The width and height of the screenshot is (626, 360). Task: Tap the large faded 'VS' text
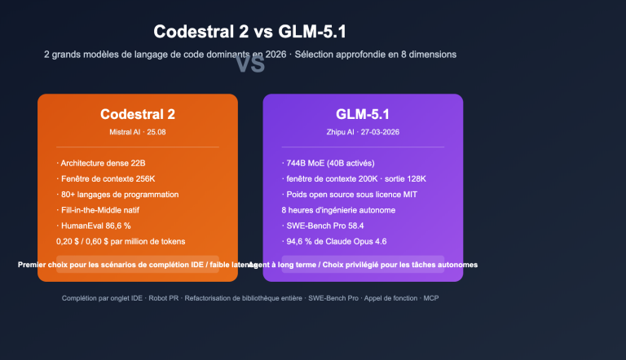pyautogui.click(x=250, y=64)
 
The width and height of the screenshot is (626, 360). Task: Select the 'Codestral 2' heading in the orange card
pyautogui.click(x=138, y=115)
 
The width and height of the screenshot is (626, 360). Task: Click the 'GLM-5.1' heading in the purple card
pyautogui.click(x=363, y=115)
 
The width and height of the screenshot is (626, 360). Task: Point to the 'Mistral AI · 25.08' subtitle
pyautogui.click(x=138, y=131)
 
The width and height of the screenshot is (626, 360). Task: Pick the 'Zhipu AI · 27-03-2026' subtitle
pyautogui.click(x=363, y=131)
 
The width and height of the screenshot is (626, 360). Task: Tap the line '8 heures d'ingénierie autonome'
pyautogui.click(x=338, y=210)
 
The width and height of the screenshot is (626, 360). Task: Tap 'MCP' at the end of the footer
pyautogui.click(x=431, y=299)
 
